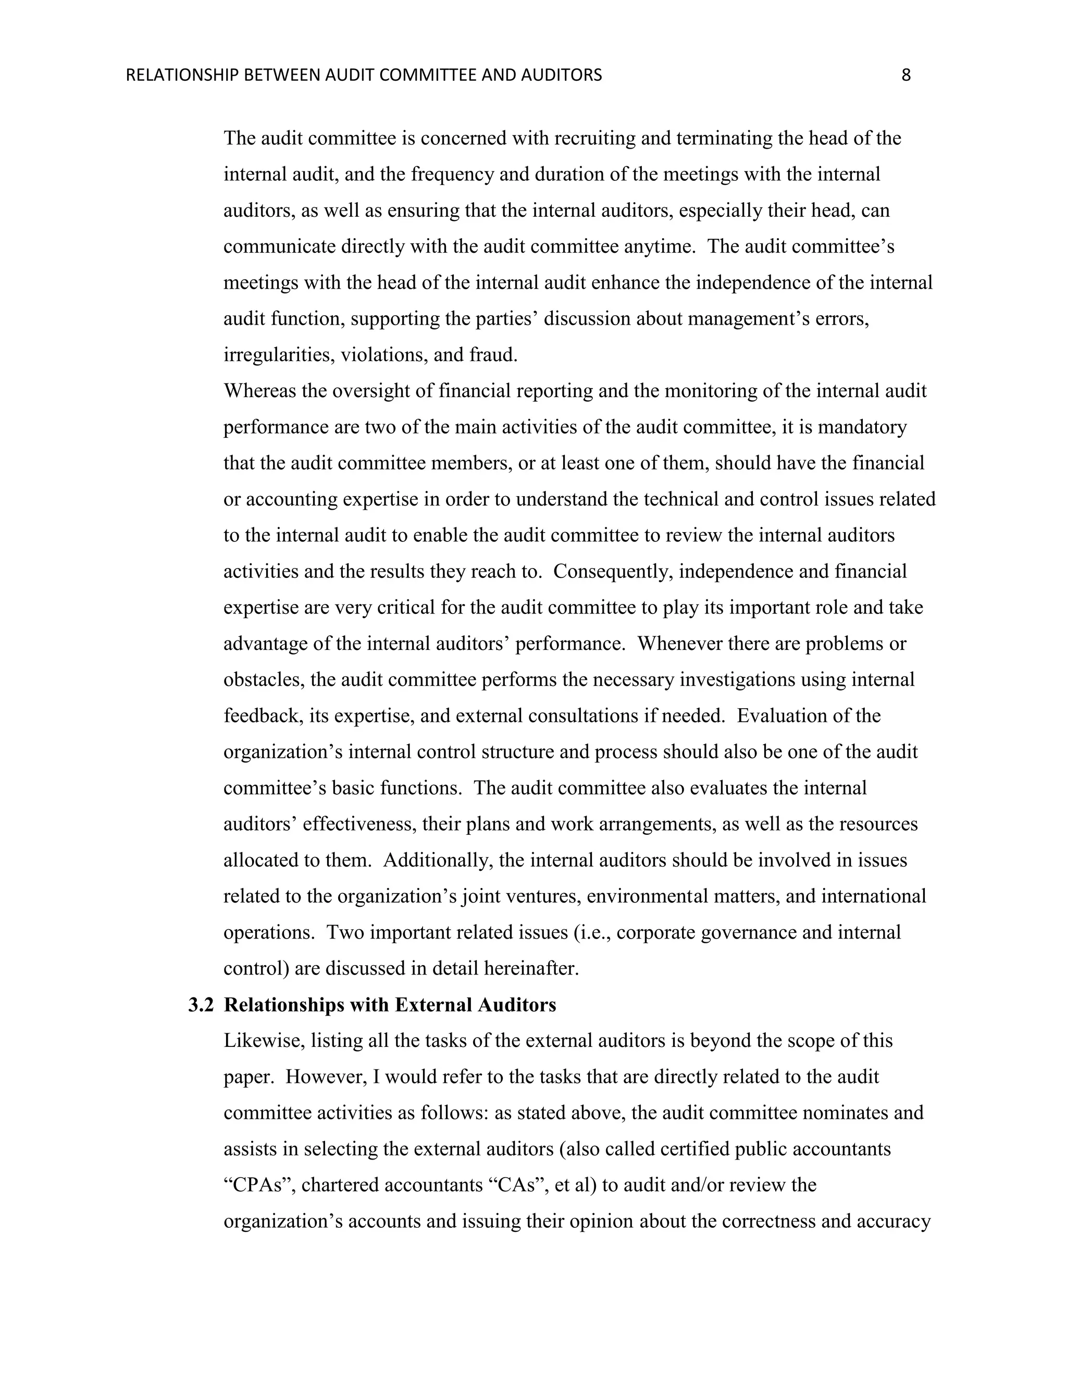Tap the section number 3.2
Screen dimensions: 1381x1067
(201, 1005)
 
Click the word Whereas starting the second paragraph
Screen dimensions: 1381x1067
(260, 391)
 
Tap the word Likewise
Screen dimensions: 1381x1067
(261, 1041)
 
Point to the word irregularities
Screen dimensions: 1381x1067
(278, 355)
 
